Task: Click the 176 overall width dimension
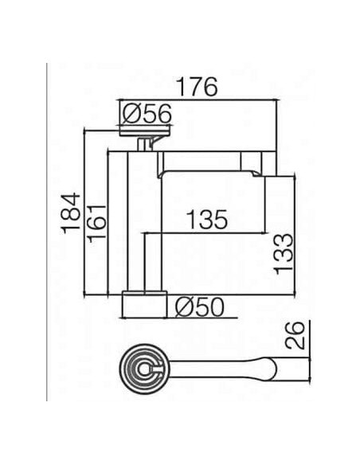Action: [196, 88]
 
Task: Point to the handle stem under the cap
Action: [144, 143]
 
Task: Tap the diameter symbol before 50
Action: [182, 306]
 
